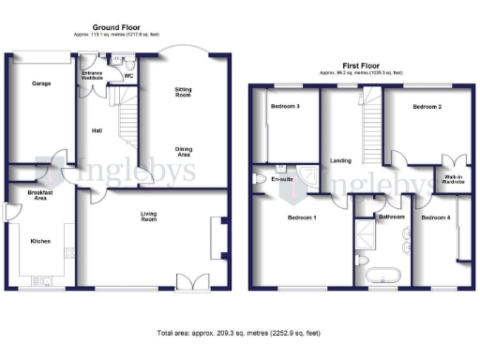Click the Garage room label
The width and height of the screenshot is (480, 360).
click(x=41, y=83)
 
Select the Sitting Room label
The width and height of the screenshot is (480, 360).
click(x=183, y=92)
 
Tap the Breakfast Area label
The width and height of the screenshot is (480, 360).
click(x=40, y=196)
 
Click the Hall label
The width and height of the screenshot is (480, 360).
click(x=97, y=131)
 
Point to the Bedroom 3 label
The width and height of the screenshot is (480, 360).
click(x=285, y=106)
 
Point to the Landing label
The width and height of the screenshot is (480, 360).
click(x=340, y=160)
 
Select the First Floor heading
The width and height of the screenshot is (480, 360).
click(x=361, y=66)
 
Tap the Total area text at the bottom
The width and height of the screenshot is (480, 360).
click(x=239, y=333)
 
